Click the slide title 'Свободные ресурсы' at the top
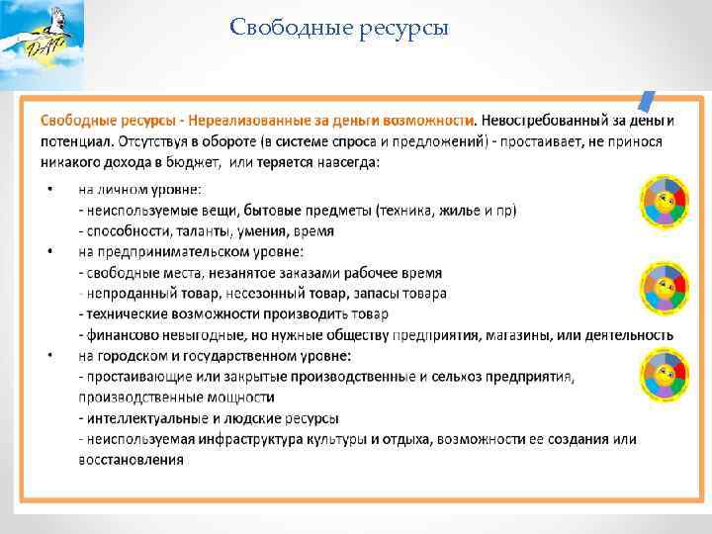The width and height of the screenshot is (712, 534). (x=339, y=27)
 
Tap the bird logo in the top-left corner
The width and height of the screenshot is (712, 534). (x=42, y=37)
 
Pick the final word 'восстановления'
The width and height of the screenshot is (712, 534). (x=131, y=460)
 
